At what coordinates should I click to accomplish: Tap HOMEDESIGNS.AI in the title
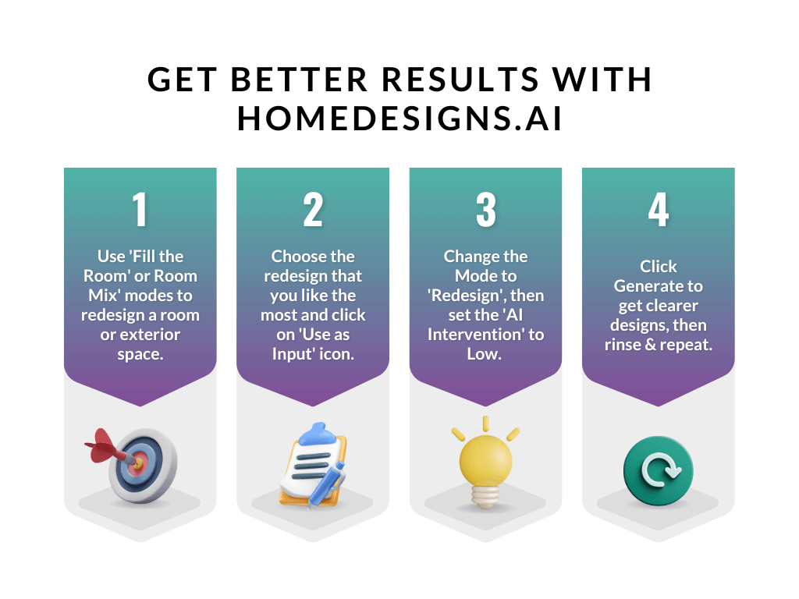click(x=399, y=119)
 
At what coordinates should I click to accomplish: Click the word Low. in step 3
click(x=485, y=354)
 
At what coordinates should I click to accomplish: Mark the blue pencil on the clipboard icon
click(x=328, y=484)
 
